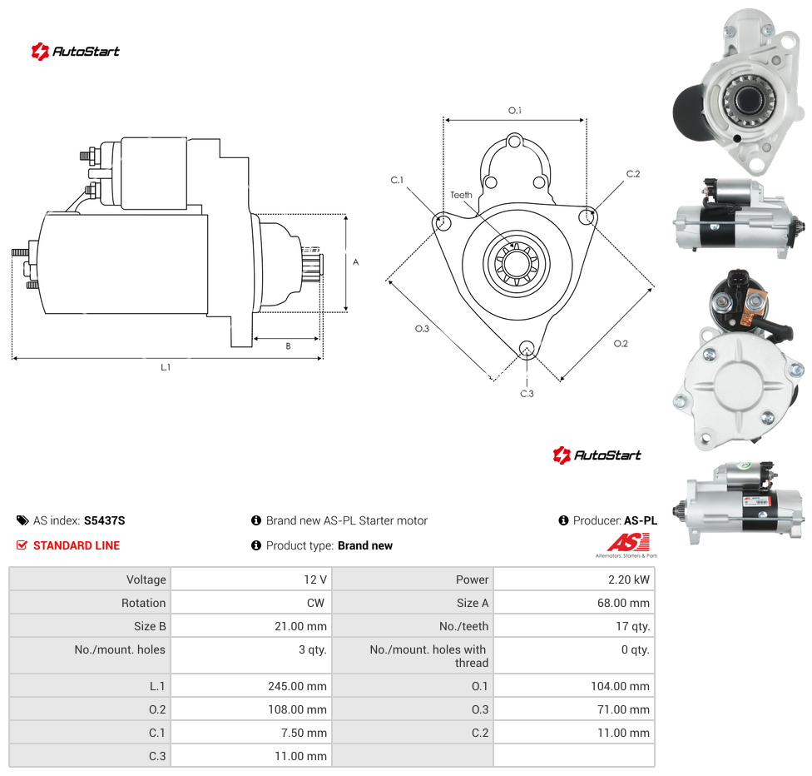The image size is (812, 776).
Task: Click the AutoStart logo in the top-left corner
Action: pos(75,52)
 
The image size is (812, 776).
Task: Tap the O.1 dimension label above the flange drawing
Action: pos(515,111)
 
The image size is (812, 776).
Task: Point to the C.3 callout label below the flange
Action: pos(527,394)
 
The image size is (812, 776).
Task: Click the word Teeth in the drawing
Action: pos(461,195)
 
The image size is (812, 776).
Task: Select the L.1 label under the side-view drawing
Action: pos(166,367)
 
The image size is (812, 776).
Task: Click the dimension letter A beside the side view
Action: pos(356,262)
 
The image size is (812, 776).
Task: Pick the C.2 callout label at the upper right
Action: pos(633,174)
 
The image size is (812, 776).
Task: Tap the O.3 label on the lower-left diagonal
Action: pos(422,329)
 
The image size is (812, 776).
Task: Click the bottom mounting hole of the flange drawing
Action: pos(527,348)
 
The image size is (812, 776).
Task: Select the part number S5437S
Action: pos(105,520)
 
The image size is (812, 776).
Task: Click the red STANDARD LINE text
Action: pos(77,545)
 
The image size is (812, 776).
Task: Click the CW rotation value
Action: pos(315,603)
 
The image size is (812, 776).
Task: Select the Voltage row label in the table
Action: pos(146,580)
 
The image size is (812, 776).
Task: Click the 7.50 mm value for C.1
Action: pos(304,733)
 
